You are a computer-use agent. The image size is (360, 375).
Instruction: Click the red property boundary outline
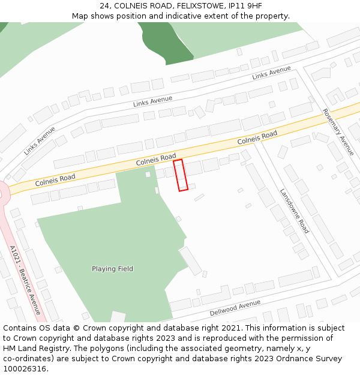tap(181, 175)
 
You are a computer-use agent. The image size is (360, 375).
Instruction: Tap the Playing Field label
tap(112, 269)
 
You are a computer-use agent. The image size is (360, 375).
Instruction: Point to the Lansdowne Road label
tap(294, 211)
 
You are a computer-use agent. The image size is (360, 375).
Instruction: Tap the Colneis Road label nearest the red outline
tap(155, 160)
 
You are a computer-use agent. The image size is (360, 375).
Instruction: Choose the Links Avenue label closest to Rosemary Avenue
tap(271, 73)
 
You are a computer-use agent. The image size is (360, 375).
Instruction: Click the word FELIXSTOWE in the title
tap(202, 6)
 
